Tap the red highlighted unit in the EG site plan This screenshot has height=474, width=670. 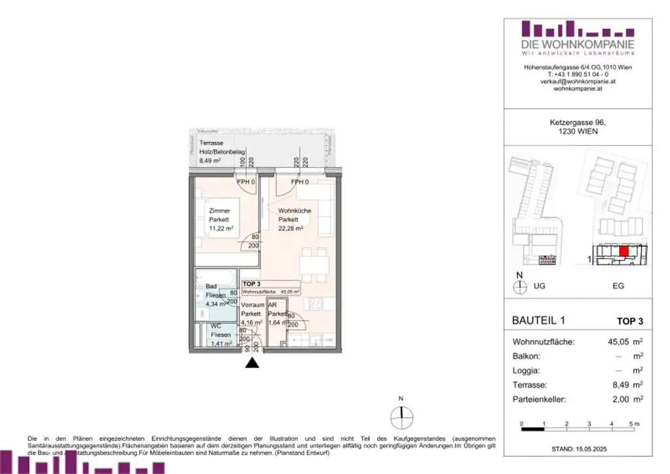623,251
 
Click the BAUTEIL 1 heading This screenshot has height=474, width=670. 538,321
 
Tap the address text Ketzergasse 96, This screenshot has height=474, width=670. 574,122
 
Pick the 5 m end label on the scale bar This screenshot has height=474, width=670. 633,424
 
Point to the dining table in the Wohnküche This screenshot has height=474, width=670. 314,265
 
